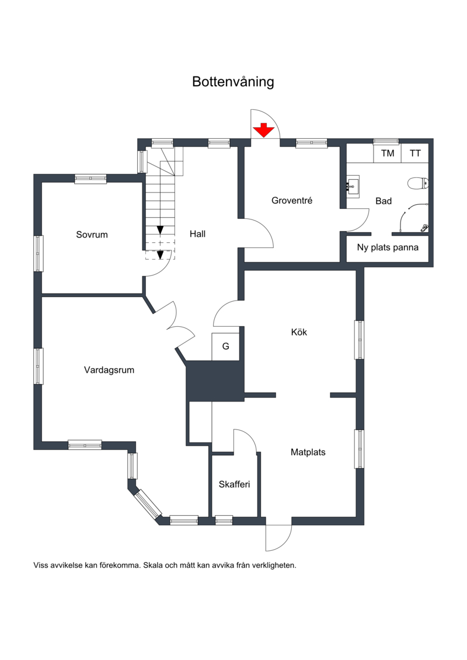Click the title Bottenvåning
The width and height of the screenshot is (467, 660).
(233, 82)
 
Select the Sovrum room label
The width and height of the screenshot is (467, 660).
(92, 235)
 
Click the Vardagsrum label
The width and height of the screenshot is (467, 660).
(109, 369)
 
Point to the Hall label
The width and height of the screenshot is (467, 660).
(197, 234)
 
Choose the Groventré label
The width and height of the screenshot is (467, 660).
(292, 201)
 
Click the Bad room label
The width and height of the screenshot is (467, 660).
(384, 201)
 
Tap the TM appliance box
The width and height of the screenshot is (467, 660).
(388, 153)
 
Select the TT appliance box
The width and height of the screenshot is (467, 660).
(416, 153)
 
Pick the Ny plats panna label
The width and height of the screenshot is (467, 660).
(388, 247)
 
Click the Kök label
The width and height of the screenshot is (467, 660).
(299, 333)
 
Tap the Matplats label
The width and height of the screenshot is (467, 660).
(308, 452)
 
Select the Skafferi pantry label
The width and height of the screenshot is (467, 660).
(235, 484)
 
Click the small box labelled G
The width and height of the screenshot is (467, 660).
(225, 347)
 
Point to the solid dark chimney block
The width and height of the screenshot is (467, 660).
(215, 380)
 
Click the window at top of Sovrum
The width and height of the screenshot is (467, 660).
(90, 179)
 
